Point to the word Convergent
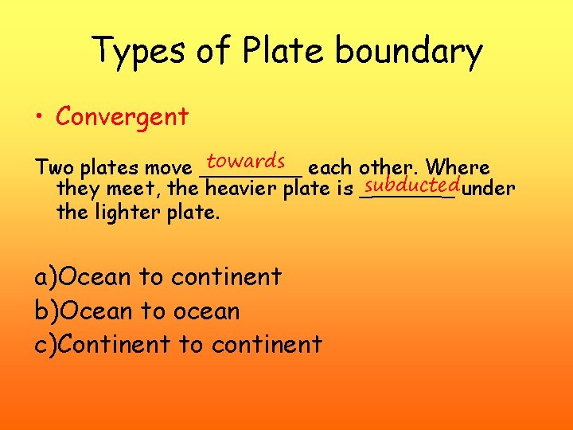pyautogui.click(x=122, y=117)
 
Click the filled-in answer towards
pyautogui.click(x=246, y=161)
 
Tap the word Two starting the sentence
pyautogui.click(x=53, y=168)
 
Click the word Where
pyautogui.click(x=458, y=168)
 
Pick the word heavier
pyautogui.click(x=241, y=190)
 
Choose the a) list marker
pyautogui.click(x=46, y=277)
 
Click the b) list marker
pyautogui.click(x=46, y=311)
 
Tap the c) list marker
pyautogui.click(x=46, y=345)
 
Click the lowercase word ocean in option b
pyautogui.click(x=205, y=311)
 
